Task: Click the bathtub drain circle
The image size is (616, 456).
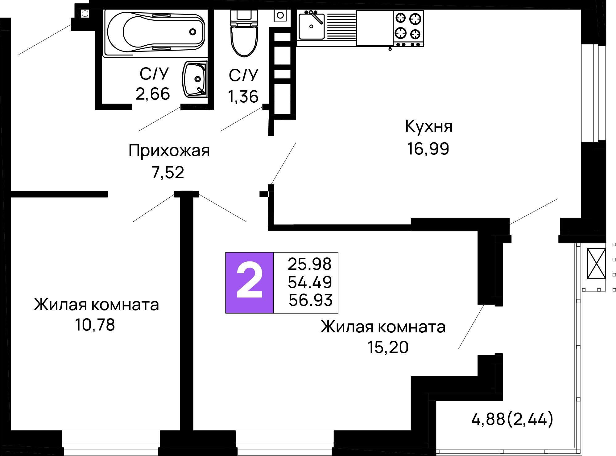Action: pos(193,31)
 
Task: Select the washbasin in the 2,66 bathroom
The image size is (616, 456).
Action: pos(195,80)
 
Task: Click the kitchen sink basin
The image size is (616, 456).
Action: pos(311,27)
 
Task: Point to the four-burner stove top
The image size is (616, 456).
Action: pos(408,26)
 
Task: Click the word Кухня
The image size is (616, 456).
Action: pos(428,126)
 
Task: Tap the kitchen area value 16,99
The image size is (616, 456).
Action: pos(428,149)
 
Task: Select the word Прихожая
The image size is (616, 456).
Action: pos(169,151)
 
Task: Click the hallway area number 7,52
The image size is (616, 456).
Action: pos(168,173)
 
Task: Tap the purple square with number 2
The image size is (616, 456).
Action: pos(250,283)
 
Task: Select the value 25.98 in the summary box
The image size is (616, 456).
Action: pos(309,264)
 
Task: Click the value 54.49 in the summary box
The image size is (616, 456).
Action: pos(310,282)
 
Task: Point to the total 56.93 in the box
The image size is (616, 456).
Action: pos(310,300)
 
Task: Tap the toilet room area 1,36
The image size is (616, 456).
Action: pos(243,97)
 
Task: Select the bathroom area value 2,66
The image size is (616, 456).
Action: pos(153,94)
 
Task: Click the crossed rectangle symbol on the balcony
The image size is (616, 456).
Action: pos(596,263)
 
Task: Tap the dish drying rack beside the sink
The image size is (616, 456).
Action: pos(341,27)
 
